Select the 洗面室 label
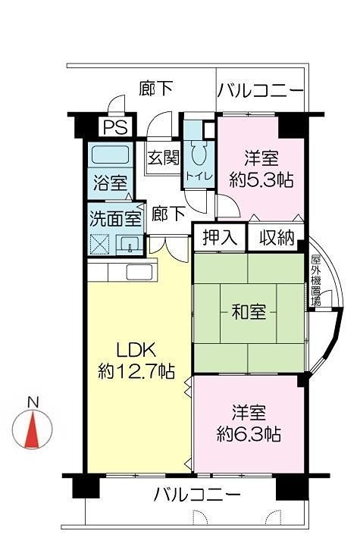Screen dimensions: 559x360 tap(115, 219)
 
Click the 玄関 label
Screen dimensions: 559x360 tap(162, 158)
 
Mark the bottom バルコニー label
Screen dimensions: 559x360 tap(197, 496)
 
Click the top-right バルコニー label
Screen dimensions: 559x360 tap(261, 91)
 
